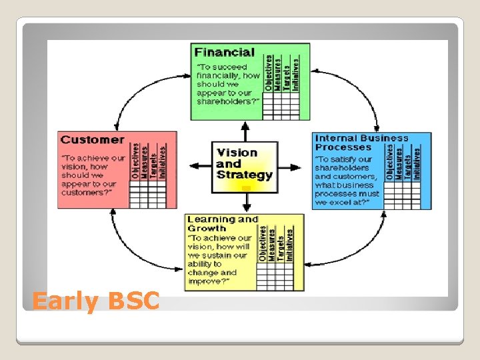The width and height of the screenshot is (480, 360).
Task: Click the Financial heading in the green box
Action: [224, 52]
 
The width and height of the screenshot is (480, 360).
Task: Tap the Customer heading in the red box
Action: [92, 140]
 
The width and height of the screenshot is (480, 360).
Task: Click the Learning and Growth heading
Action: [223, 223]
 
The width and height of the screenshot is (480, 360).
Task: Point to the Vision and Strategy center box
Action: [244, 164]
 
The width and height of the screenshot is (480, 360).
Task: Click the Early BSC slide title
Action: [96, 301]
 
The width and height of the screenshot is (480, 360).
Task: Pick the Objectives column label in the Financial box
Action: [269, 73]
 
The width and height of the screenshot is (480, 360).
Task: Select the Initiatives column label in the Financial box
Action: [296, 73]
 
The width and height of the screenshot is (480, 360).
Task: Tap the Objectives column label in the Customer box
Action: [135, 161]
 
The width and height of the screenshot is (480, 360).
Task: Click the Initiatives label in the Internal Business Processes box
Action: [417, 164]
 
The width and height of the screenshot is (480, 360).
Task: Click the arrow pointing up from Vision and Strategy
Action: [245, 131]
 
